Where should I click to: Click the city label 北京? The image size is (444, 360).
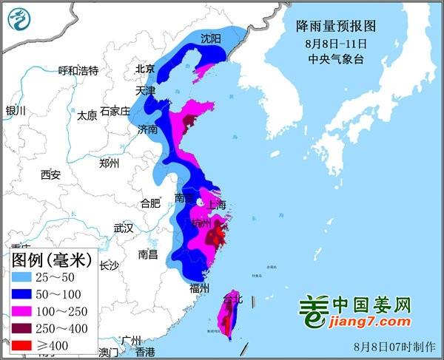[x=145, y=69]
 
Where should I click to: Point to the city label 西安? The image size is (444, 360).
[x=50, y=174]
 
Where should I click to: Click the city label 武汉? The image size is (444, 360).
[x=123, y=228]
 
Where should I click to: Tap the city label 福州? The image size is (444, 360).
[x=200, y=288]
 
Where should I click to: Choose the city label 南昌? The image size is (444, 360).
[x=148, y=254]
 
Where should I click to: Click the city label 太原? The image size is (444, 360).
[x=87, y=115]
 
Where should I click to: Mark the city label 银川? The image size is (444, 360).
[x=16, y=111]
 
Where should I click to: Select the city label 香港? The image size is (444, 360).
[x=145, y=351]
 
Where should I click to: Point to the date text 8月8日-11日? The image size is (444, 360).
[x=336, y=43]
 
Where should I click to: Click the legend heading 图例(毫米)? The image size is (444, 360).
[x=50, y=259]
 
